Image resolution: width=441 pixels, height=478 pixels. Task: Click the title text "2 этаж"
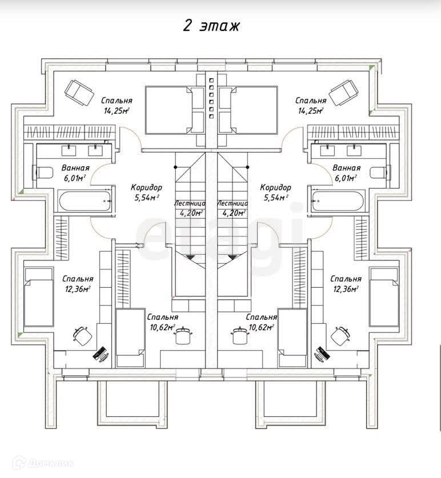pos(211,26)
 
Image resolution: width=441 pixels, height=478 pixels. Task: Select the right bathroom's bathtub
pos(338,200)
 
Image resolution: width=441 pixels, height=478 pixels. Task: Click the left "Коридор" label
pos(146,187)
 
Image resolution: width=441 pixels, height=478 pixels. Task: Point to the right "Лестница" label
pos(232,203)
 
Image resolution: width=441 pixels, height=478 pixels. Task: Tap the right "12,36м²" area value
pos(345,289)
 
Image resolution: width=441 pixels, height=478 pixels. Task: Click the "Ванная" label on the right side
pos(346,168)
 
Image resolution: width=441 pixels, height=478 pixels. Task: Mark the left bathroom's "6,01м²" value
pos(74,178)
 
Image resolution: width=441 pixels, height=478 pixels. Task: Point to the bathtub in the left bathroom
pos(83,200)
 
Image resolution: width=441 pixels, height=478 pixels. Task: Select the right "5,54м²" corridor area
pos(275,198)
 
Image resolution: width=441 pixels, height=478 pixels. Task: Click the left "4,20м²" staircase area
pos(190,213)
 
